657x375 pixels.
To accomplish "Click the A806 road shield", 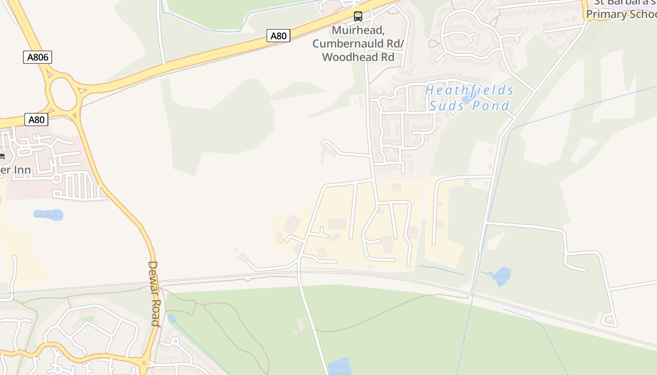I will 38,57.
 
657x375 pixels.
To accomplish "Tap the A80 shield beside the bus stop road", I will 278,36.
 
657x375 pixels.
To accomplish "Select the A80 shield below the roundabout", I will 36,120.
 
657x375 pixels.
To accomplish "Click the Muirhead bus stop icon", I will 358,17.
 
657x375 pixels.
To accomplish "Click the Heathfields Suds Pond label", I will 469,97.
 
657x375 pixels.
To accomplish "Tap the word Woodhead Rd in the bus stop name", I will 358,57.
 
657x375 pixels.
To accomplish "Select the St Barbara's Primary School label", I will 622,9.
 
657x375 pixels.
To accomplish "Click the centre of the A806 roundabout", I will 62,94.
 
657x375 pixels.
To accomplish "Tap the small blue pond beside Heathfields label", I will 468,99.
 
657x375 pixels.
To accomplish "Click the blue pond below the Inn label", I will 48,215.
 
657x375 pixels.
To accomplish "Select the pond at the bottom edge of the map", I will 339,367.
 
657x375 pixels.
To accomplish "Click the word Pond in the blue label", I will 490,105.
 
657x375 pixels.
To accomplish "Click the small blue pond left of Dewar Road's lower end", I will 172,319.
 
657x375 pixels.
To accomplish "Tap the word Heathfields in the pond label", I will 469,90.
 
